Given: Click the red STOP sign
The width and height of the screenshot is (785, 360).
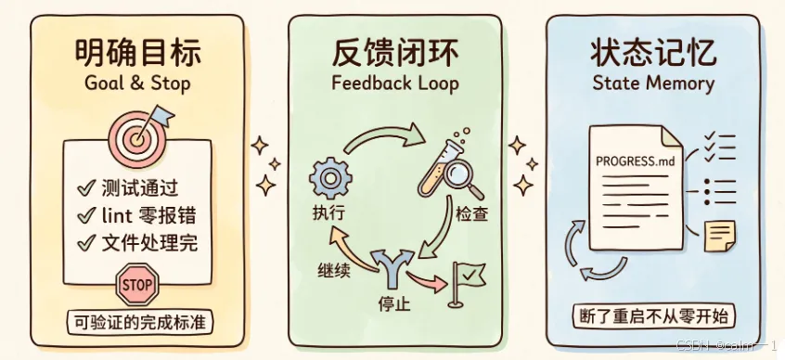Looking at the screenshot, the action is pos(137,285).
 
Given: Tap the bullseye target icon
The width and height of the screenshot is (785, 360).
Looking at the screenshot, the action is pos(135,136).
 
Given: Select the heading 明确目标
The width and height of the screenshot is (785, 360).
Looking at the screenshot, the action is pos(138,53).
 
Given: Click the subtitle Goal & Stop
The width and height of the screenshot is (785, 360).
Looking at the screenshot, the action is pos(137,83).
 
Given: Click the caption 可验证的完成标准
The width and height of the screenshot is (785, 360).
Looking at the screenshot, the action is pos(140,322).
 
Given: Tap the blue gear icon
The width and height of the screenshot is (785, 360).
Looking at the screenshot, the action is pos(330,178).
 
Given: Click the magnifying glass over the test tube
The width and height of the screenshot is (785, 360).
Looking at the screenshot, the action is pos(461,180).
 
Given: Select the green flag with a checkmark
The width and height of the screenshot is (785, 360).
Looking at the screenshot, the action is pos(467,283).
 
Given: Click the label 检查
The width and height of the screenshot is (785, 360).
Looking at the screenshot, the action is pos(471,214).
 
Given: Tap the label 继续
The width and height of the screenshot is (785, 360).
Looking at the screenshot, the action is pos(333,270).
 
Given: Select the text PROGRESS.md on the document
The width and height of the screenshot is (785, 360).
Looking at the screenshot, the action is pos(635,161).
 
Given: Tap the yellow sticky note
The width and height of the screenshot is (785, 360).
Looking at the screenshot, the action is pos(719,236).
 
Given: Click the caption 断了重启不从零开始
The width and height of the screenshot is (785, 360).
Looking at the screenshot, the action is pos(653,317).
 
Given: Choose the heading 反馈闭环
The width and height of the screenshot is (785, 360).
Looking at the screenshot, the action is pos(395,53).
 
